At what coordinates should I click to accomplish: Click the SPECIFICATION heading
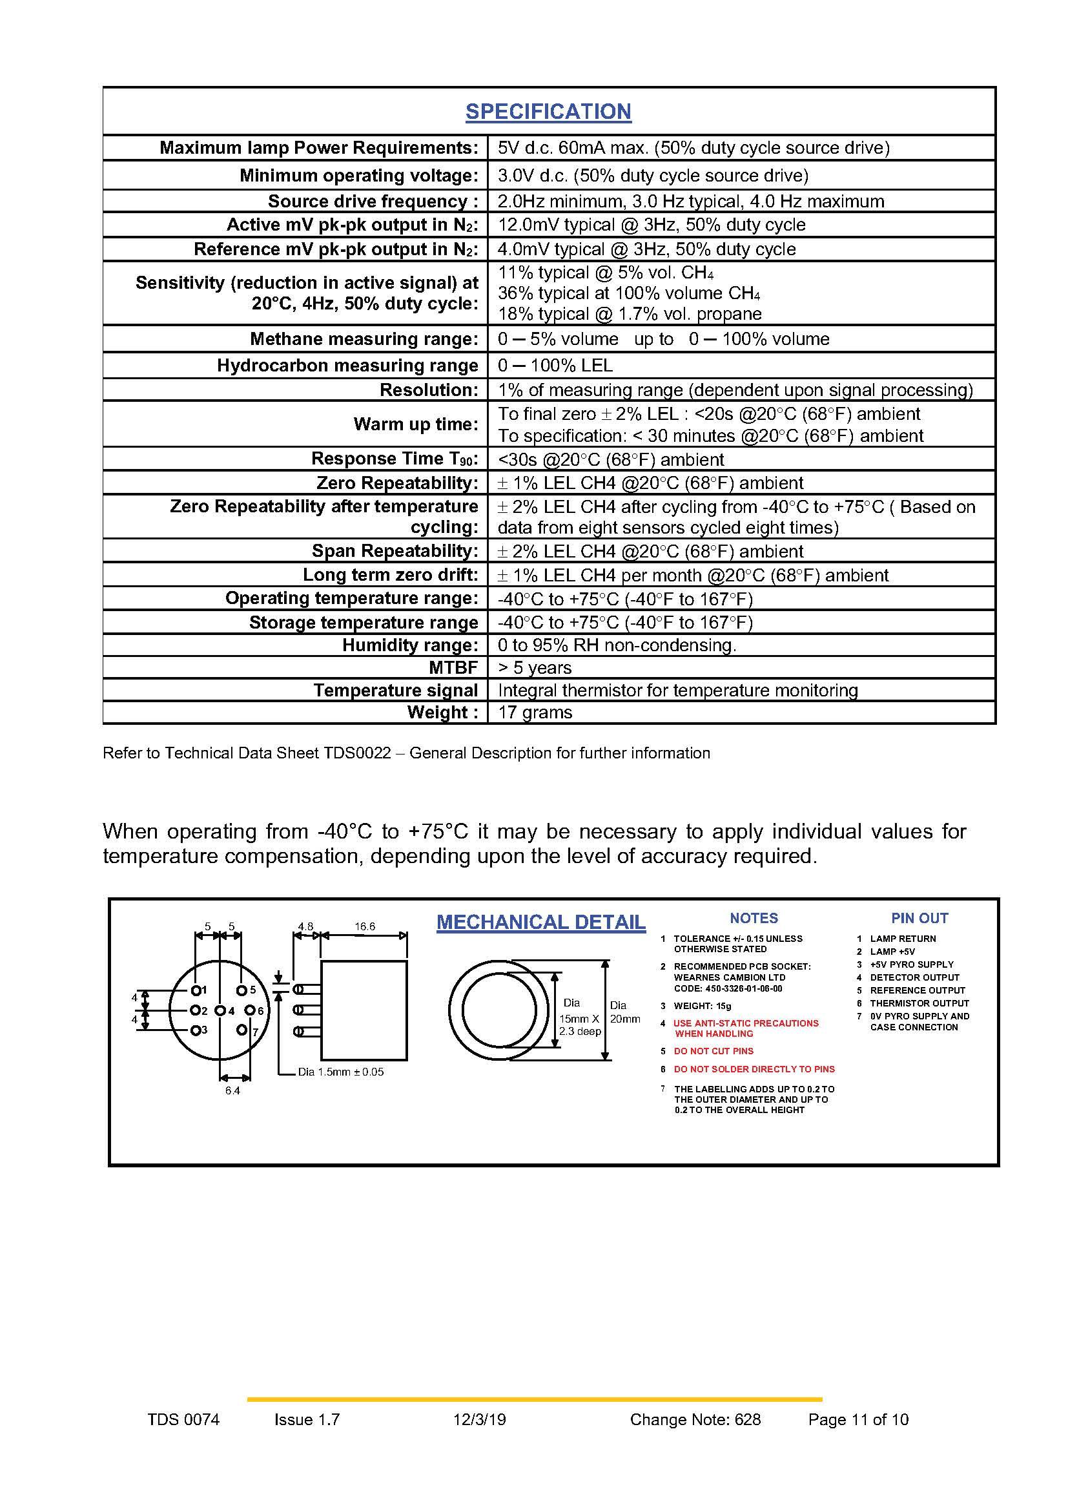pyautogui.click(x=548, y=111)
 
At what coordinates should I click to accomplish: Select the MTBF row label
pyautogui.click(x=453, y=667)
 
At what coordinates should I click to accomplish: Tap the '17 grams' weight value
pyautogui.click(x=535, y=712)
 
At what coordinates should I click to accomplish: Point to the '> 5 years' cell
pyautogui.click(x=534, y=667)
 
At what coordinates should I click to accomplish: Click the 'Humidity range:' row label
pyautogui.click(x=410, y=645)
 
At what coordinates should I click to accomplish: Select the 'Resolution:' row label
pyautogui.click(x=429, y=390)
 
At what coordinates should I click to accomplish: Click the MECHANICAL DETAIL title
pyautogui.click(x=540, y=922)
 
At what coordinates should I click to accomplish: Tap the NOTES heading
pyautogui.click(x=754, y=918)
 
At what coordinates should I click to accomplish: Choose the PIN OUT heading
pyautogui.click(x=919, y=918)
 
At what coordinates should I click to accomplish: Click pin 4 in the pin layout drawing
pyautogui.click(x=221, y=1010)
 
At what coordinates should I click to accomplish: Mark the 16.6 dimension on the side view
pyautogui.click(x=364, y=926)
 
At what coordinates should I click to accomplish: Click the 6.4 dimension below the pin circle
pyautogui.click(x=232, y=1090)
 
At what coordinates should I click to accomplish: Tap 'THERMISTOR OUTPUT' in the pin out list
pyautogui.click(x=919, y=1003)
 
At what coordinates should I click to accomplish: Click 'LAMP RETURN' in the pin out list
pyautogui.click(x=903, y=939)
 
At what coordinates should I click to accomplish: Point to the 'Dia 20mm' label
pyautogui.click(x=624, y=1012)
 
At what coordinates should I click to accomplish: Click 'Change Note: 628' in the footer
pyautogui.click(x=695, y=1419)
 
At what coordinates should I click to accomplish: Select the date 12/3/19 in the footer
pyautogui.click(x=479, y=1419)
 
